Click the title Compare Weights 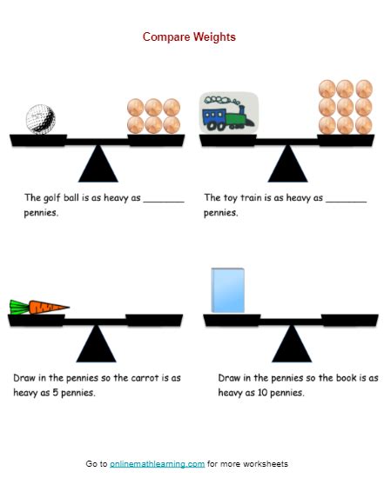click(x=189, y=37)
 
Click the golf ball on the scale click(x=40, y=118)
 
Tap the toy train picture click(x=228, y=114)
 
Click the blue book click(x=227, y=290)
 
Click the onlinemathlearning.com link click(x=157, y=464)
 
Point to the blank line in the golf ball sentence click(x=164, y=200)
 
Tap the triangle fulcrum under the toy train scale click(x=287, y=163)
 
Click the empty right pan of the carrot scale click(x=153, y=319)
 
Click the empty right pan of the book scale click(x=347, y=319)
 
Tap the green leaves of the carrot click(x=18, y=305)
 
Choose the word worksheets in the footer click(x=268, y=464)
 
